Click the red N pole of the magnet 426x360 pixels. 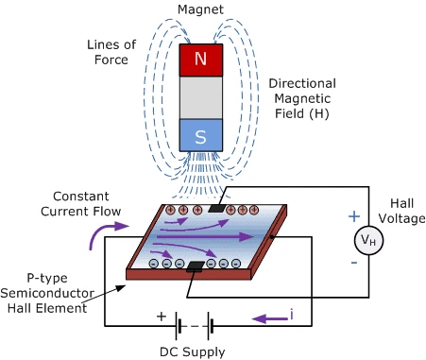pos(201,60)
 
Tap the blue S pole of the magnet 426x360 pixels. pos(201,135)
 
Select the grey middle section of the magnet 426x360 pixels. pos(201,97)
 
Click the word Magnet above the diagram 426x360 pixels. pos(200,9)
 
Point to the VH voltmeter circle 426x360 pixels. pos(368,240)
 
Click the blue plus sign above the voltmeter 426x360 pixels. pos(354,216)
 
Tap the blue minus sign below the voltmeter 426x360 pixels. pos(354,263)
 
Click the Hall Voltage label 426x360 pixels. pos(401,211)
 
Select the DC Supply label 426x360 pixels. pos(193,351)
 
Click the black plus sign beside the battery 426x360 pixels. pos(162,316)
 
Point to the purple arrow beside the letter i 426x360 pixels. pos(270,318)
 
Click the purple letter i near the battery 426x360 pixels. pos(292,314)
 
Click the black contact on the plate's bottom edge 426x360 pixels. pos(196,266)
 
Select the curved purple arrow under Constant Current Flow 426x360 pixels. pos(107,233)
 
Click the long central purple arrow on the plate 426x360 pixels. pos(205,236)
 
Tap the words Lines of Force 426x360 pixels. pos(111,52)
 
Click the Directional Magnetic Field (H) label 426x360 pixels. pos(302,98)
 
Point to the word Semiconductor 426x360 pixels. pos(47,293)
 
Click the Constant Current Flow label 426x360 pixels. pos(81,204)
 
